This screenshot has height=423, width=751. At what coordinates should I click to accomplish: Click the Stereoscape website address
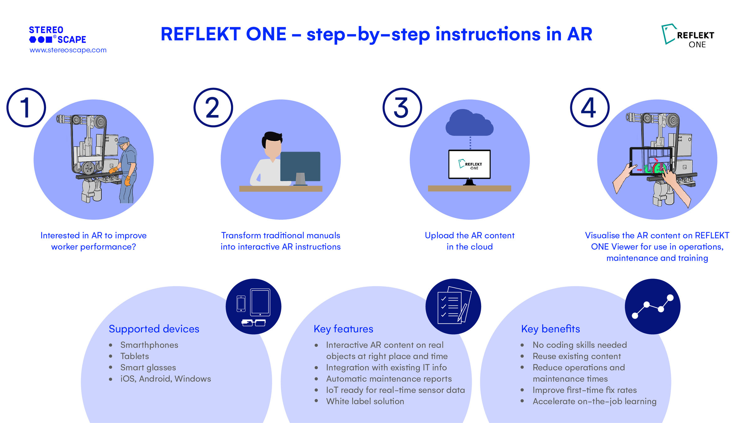[x=68, y=50]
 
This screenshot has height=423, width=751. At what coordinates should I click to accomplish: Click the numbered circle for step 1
[x=26, y=107]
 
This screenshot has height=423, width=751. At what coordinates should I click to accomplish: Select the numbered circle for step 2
[x=213, y=107]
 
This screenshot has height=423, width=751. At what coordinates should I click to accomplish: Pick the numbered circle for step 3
[x=402, y=107]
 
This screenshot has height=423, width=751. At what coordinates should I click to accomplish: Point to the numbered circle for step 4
[x=589, y=107]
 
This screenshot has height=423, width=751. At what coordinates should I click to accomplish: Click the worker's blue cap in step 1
[x=124, y=140]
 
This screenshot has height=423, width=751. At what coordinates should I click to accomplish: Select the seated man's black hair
[x=272, y=137]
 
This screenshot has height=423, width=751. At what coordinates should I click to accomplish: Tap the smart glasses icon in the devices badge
[x=254, y=323]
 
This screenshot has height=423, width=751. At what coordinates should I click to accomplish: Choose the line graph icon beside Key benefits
[x=653, y=306]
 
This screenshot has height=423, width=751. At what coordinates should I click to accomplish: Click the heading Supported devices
[x=154, y=329]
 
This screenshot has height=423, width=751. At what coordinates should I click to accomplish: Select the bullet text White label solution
[x=365, y=401]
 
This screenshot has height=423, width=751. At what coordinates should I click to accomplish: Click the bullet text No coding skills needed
[x=579, y=345]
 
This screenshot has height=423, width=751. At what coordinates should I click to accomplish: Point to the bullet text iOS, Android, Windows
[x=166, y=379]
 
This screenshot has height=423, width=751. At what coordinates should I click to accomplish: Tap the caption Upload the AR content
[x=469, y=236]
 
